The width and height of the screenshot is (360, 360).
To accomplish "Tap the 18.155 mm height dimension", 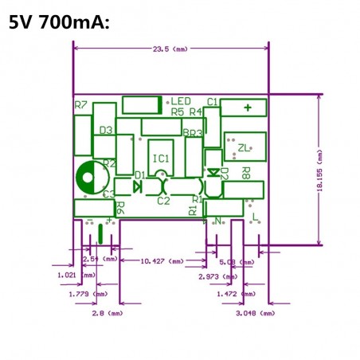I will point(320,170).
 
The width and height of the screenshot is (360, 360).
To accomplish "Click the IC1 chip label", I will point(161,158).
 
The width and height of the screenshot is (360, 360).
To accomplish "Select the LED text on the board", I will point(181,101).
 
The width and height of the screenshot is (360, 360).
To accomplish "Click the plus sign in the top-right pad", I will point(248,108).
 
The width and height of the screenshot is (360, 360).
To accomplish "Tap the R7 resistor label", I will point(80,105).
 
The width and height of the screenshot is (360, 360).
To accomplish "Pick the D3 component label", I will point(106,129).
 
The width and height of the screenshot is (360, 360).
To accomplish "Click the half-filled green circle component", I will point(88,177).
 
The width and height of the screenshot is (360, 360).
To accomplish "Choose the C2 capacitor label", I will point(162,202).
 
